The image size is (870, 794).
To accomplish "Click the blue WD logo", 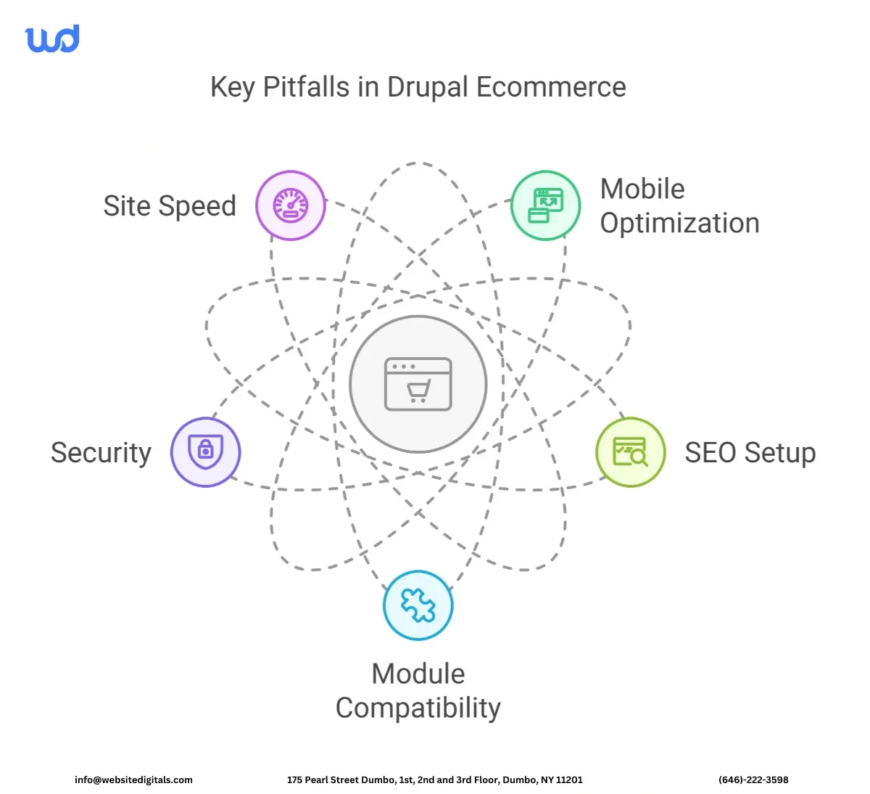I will pos(52,39).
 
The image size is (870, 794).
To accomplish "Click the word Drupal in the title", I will pos(428,88).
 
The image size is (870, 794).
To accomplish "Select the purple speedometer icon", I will pos(291,205).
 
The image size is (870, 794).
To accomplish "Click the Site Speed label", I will pos(170,206).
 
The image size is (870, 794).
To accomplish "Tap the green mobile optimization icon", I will pos(546,205).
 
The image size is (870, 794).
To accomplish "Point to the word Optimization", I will pos(679,224).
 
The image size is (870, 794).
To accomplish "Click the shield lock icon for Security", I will pos(206,451).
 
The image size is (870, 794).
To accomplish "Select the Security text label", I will pos(101,453).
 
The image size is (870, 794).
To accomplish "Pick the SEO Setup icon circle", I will pos(630,451).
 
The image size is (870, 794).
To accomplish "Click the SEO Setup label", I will pos(750,453).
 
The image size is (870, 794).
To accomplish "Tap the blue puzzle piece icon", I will pos(418,605).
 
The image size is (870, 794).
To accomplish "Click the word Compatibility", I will pos(418,708).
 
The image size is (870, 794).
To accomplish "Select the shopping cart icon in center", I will pos(418,384).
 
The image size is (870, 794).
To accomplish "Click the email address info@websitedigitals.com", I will pos(133,779).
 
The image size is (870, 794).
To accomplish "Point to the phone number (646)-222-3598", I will pos(753,779).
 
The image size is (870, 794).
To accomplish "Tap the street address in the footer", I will pos(434,779).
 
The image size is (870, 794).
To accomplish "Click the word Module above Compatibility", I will pos(418,674).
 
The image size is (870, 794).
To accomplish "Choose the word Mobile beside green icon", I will pos(642,189).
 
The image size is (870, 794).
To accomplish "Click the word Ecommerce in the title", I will pos(551,87).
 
